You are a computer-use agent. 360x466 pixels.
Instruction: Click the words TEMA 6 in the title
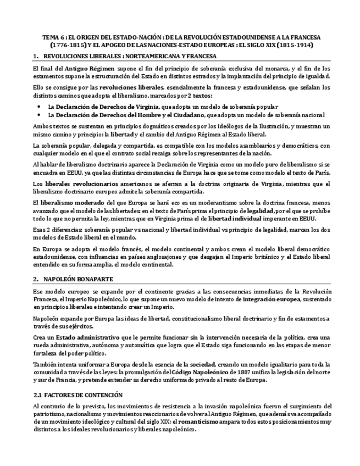pos(54,37)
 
